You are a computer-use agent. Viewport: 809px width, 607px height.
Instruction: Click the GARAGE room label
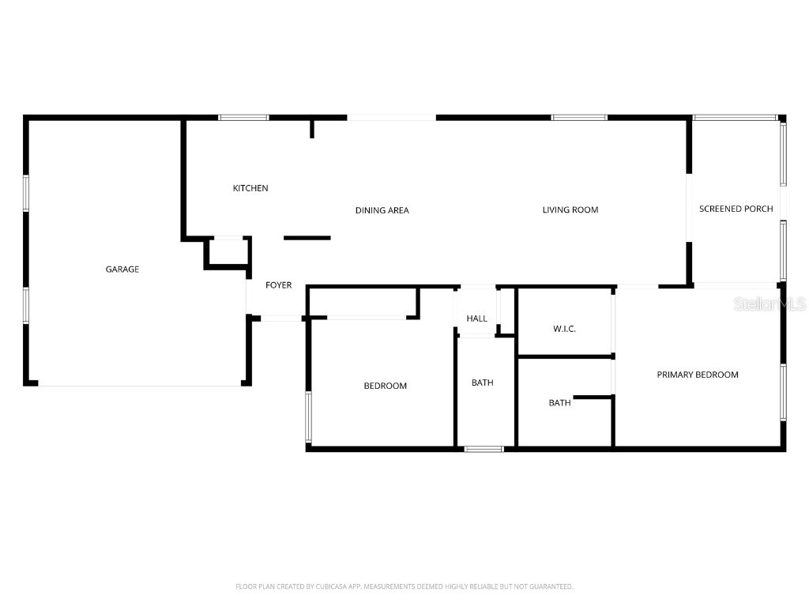click(122, 270)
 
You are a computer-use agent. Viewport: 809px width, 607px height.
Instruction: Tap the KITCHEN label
click(250, 188)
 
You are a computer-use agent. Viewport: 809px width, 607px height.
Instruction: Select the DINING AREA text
click(382, 210)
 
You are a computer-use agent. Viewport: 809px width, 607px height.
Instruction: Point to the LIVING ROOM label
click(570, 209)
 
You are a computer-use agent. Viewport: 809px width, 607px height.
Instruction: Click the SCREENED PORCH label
click(736, 209)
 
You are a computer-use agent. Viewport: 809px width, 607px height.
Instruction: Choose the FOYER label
click(278, 285)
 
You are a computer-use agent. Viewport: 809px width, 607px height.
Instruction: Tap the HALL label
click(476, 319)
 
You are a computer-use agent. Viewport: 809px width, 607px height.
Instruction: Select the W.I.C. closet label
click(564, 328)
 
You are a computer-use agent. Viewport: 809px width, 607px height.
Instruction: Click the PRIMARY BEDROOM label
click(698, 375)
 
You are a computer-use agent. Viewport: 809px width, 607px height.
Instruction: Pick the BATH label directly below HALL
click(482, 383)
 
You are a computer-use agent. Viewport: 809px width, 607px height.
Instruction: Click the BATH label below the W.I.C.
click(559, 403)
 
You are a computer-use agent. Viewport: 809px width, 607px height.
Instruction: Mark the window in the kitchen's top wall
click(243, 118)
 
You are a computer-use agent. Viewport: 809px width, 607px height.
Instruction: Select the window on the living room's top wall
click(579, 118)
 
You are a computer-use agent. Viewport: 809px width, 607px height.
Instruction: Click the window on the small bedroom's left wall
click(308, 417)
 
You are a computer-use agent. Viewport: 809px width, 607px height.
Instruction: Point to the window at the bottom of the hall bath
click(484, 449)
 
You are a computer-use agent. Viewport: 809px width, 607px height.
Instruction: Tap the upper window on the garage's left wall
click(26, 193)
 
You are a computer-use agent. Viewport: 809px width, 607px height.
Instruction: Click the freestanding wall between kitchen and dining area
click(307, 237)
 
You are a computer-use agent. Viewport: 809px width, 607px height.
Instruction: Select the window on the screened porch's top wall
click(735, 118)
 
